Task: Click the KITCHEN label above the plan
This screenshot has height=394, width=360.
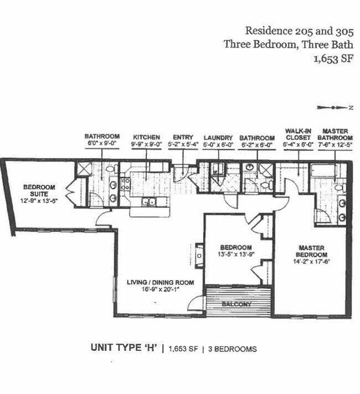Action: click(x=146, y=137)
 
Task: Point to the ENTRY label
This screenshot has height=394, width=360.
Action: click(x=182, y=137)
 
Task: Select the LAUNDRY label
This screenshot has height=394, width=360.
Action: click(x=217, y=137)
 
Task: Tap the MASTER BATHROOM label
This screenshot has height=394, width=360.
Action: click(x=335, y=134)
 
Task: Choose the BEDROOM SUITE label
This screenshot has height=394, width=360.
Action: click(x=38, y=191)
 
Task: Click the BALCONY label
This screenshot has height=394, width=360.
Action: click(x=238, y=304)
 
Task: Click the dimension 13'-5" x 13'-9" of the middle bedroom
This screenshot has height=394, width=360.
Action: click(x=236, y=255)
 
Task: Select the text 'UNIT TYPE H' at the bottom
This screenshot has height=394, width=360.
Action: click(x=124, y=348)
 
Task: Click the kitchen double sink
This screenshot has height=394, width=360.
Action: click(x=148, y=201)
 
